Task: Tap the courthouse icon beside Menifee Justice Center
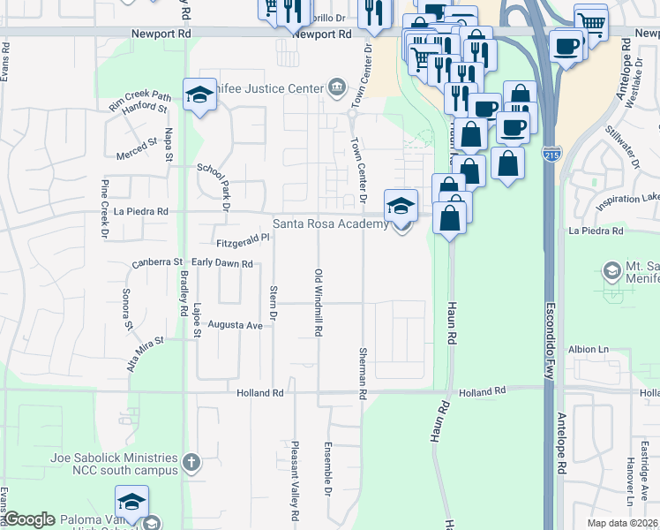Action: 336,87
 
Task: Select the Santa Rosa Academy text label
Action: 330,224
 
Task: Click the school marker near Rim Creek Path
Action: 200,95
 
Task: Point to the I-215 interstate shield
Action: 551,155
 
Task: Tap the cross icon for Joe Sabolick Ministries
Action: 191,461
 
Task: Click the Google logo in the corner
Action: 29,519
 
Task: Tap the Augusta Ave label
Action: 236,326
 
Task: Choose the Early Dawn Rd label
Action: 222,263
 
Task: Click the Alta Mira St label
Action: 146,353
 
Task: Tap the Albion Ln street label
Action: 589,349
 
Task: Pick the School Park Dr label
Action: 213,186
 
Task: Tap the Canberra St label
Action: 156,262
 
